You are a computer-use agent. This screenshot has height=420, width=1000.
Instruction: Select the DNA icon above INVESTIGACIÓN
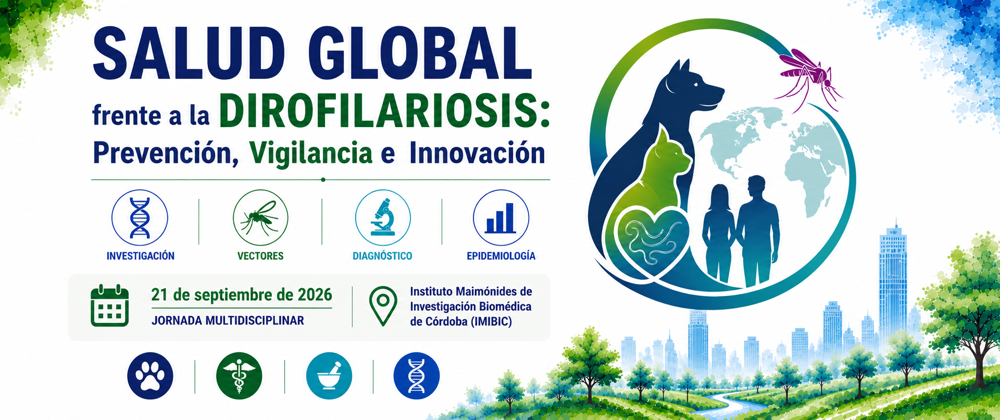point(140,217)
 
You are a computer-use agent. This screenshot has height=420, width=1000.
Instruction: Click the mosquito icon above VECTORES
point(260,217)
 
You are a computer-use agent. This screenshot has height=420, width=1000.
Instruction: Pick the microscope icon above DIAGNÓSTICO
point(383,217)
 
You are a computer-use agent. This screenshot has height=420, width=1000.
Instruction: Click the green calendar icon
point(110,305)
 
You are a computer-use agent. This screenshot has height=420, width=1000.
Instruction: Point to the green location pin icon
point(383,306)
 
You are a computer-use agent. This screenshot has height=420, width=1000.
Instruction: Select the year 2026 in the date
point(315,295)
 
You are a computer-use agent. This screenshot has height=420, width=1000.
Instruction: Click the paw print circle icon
point(150,376)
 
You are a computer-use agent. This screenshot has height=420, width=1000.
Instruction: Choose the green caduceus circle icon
point(239,376)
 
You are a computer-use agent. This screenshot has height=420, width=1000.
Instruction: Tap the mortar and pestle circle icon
point(329,376)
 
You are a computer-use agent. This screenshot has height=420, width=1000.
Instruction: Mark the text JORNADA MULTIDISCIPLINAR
point(228,320)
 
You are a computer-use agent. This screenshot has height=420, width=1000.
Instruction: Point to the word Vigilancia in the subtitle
point(310,153)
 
